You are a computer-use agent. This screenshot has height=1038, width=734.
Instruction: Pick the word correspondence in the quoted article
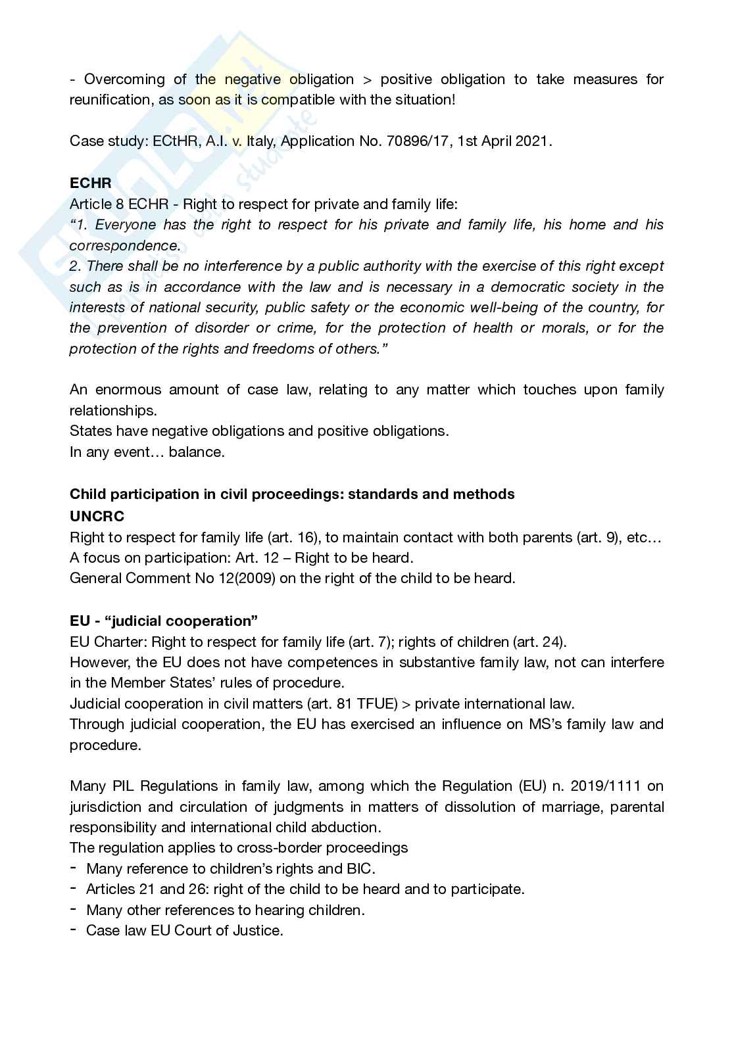click(124, 246)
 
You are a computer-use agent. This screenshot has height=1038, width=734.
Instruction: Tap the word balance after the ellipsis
click(196, 452)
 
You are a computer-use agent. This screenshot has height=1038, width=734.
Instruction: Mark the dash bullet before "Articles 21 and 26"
click(74, 889)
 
